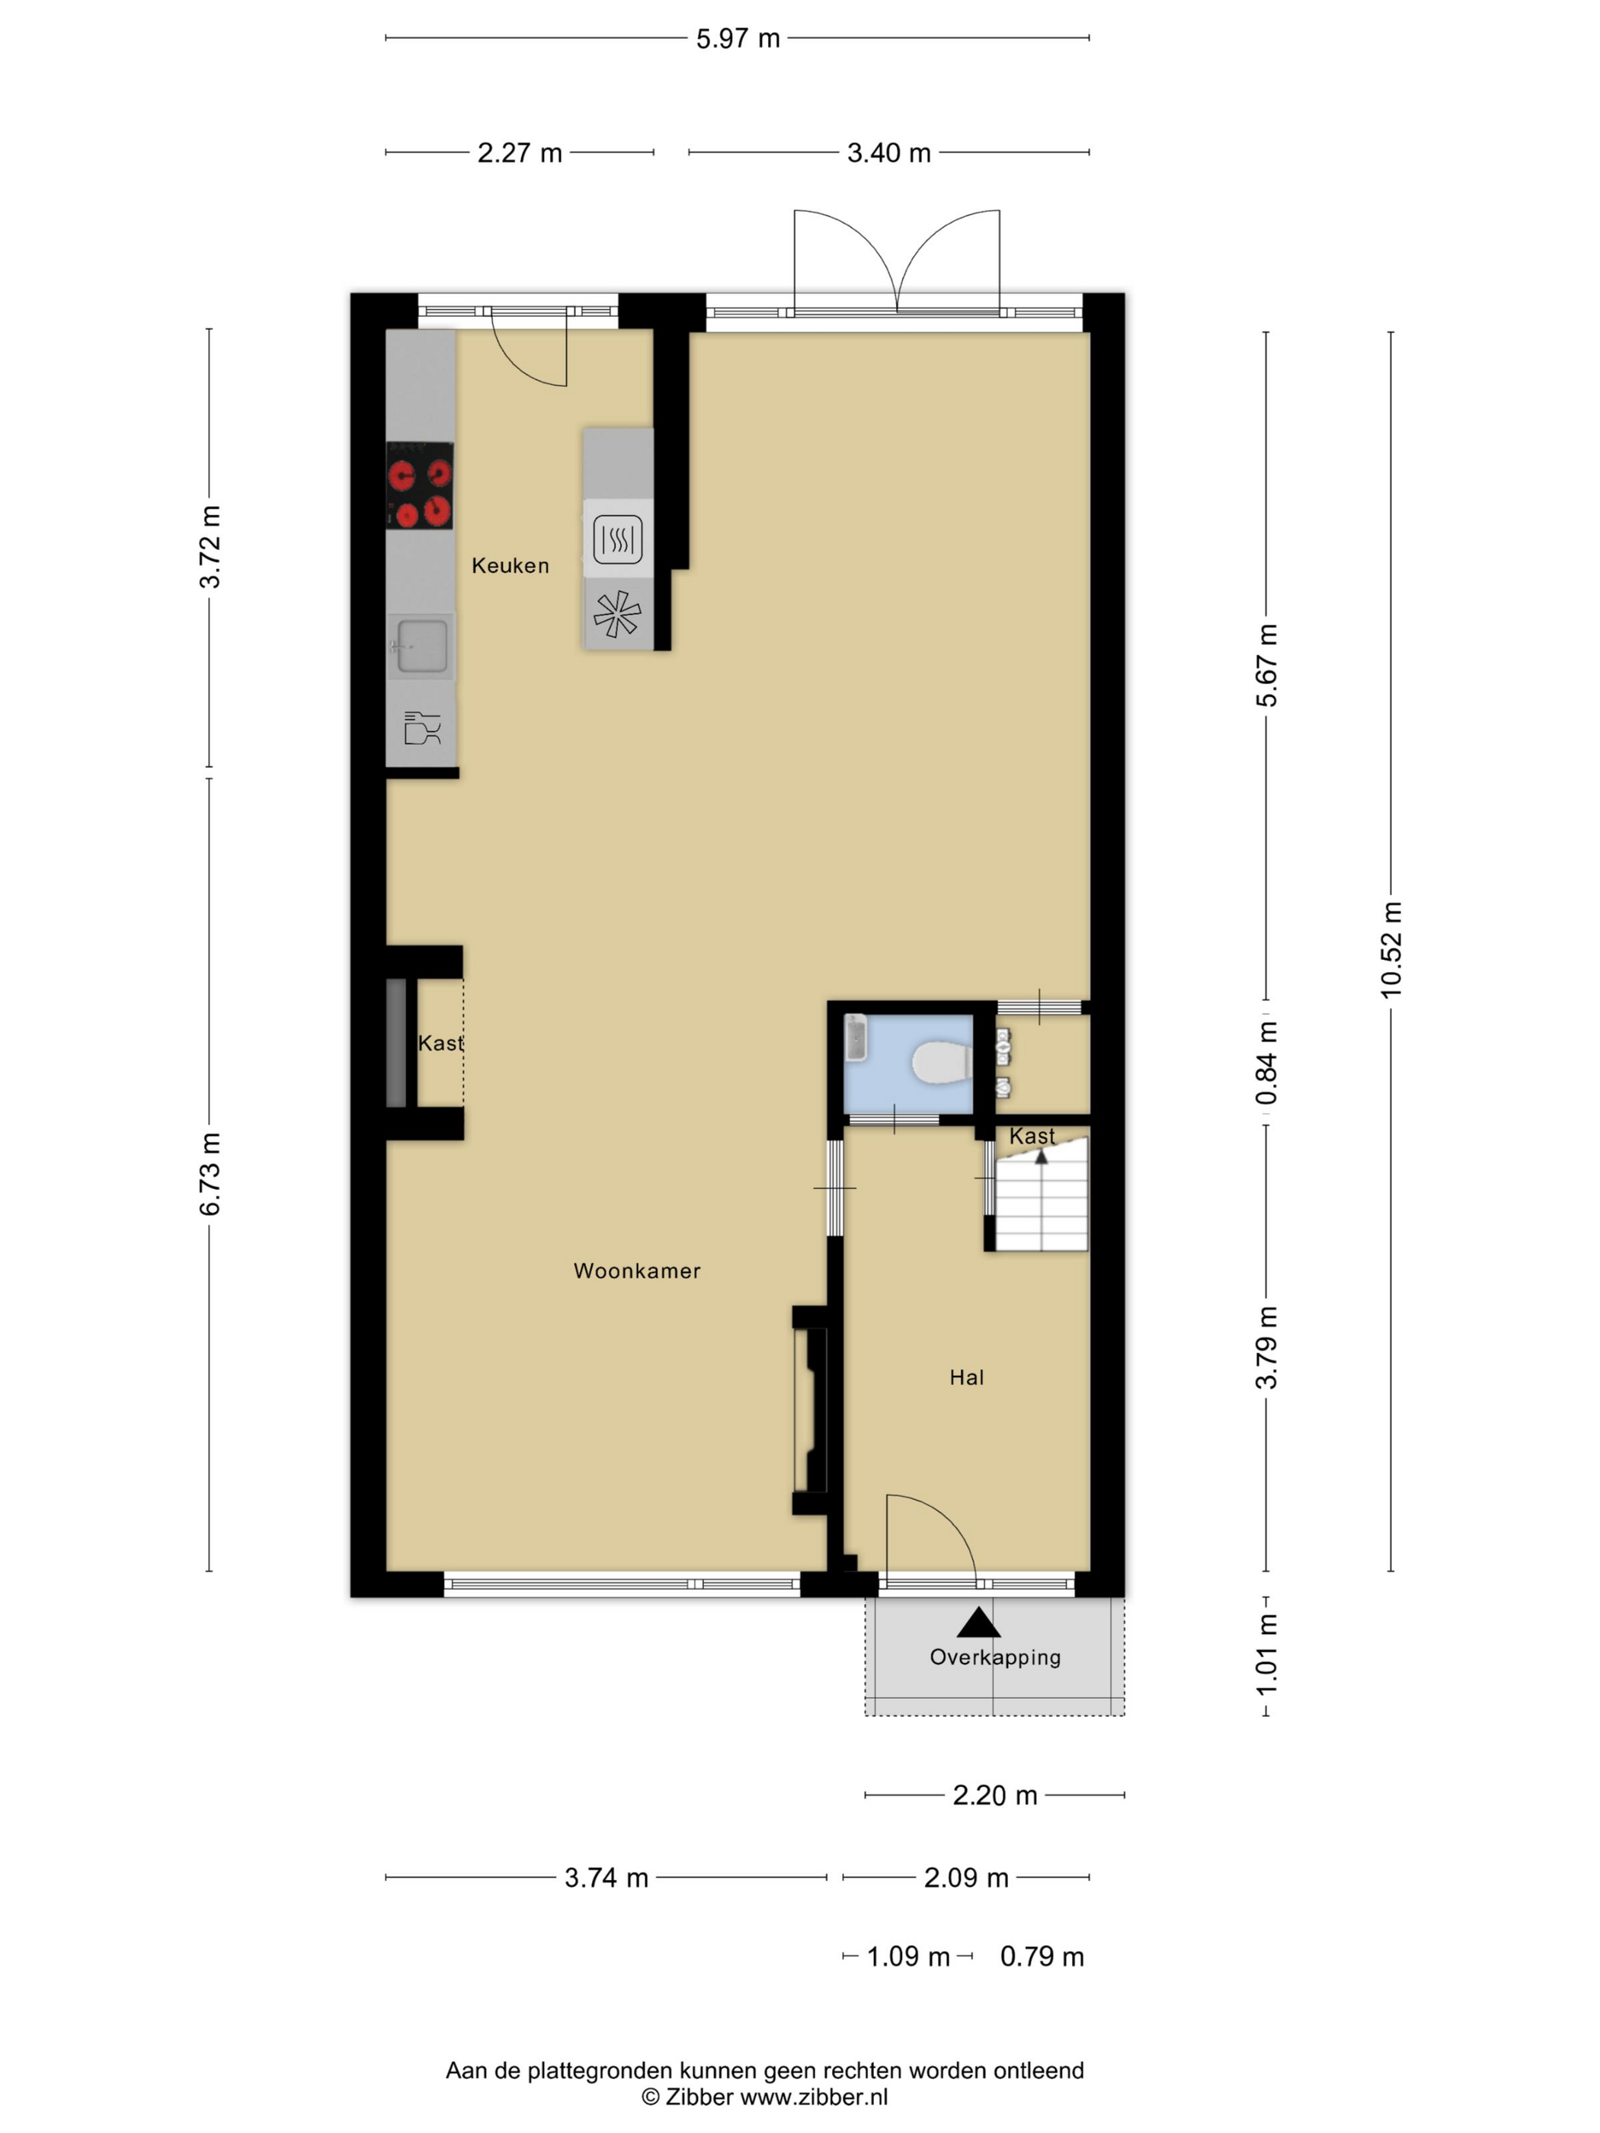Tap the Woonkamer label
636,1271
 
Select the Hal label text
966,1378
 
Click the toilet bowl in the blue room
940,1063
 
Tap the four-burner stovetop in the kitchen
420,486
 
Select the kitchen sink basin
421,646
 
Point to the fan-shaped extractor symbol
617,614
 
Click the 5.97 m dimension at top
738,39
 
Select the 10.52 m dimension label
1390,950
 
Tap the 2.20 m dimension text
994,1796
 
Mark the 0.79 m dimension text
1042,1956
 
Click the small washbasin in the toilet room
856,1038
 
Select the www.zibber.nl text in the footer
813,2096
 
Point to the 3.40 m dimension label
888,152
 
